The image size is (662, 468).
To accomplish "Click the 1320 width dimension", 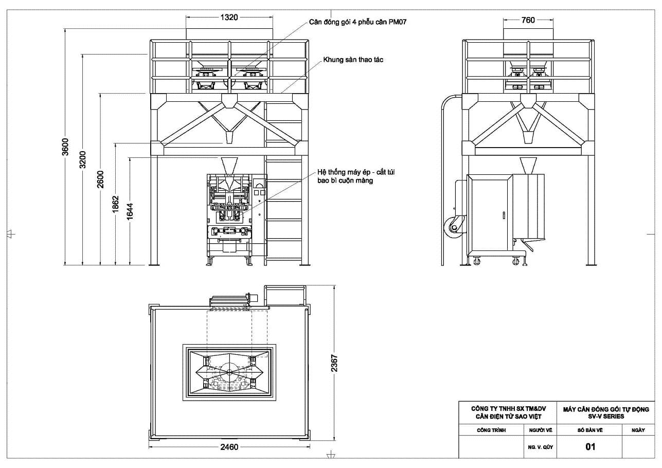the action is tap(229, 17).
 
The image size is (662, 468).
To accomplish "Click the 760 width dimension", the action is tap(528, 20).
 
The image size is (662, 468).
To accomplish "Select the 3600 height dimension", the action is tap(66, 147).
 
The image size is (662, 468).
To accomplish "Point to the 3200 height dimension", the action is tap(83, 159).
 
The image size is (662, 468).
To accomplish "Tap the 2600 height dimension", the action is tap(100, 179).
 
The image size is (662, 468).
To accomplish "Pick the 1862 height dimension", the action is tap(115, 204).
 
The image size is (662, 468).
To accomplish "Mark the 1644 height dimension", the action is tap(130, 211).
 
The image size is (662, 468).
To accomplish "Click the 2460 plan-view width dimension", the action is tap(229, 447).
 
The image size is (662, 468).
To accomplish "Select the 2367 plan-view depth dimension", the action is tap(334, 363).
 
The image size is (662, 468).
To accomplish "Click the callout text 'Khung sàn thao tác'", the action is tap(353, 60).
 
